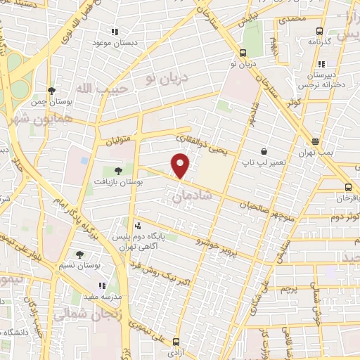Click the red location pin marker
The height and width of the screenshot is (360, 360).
pos(181,166)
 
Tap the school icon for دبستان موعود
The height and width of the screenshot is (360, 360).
pos(115,32)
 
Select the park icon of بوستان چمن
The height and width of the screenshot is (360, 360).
pos(51,91)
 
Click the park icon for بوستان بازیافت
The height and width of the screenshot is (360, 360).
pos(118,170)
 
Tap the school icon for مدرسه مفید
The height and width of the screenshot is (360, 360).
pos(103,285)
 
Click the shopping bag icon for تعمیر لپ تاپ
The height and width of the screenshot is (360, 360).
pos(264,151)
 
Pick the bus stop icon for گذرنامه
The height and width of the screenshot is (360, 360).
pos(319,31)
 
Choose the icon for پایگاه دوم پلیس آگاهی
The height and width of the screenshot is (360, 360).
pos(138,226)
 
